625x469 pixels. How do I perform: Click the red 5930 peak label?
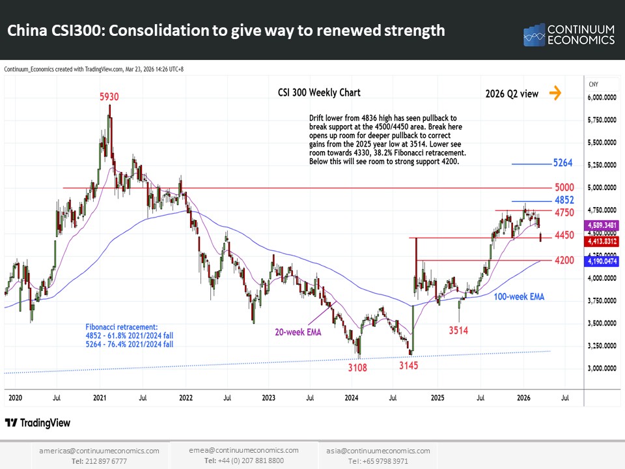tap(109, 96)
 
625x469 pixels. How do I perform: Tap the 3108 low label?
tap(357, 367)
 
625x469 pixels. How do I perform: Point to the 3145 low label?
tap(409, 366)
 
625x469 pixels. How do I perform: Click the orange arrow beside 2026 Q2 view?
tap(555, 93)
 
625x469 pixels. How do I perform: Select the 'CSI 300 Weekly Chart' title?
tap(319, 93)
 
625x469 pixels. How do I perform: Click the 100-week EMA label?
tap(519, 296)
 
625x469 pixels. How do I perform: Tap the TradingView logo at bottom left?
tap(38, 423)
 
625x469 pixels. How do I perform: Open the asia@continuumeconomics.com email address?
tap(378, 451)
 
